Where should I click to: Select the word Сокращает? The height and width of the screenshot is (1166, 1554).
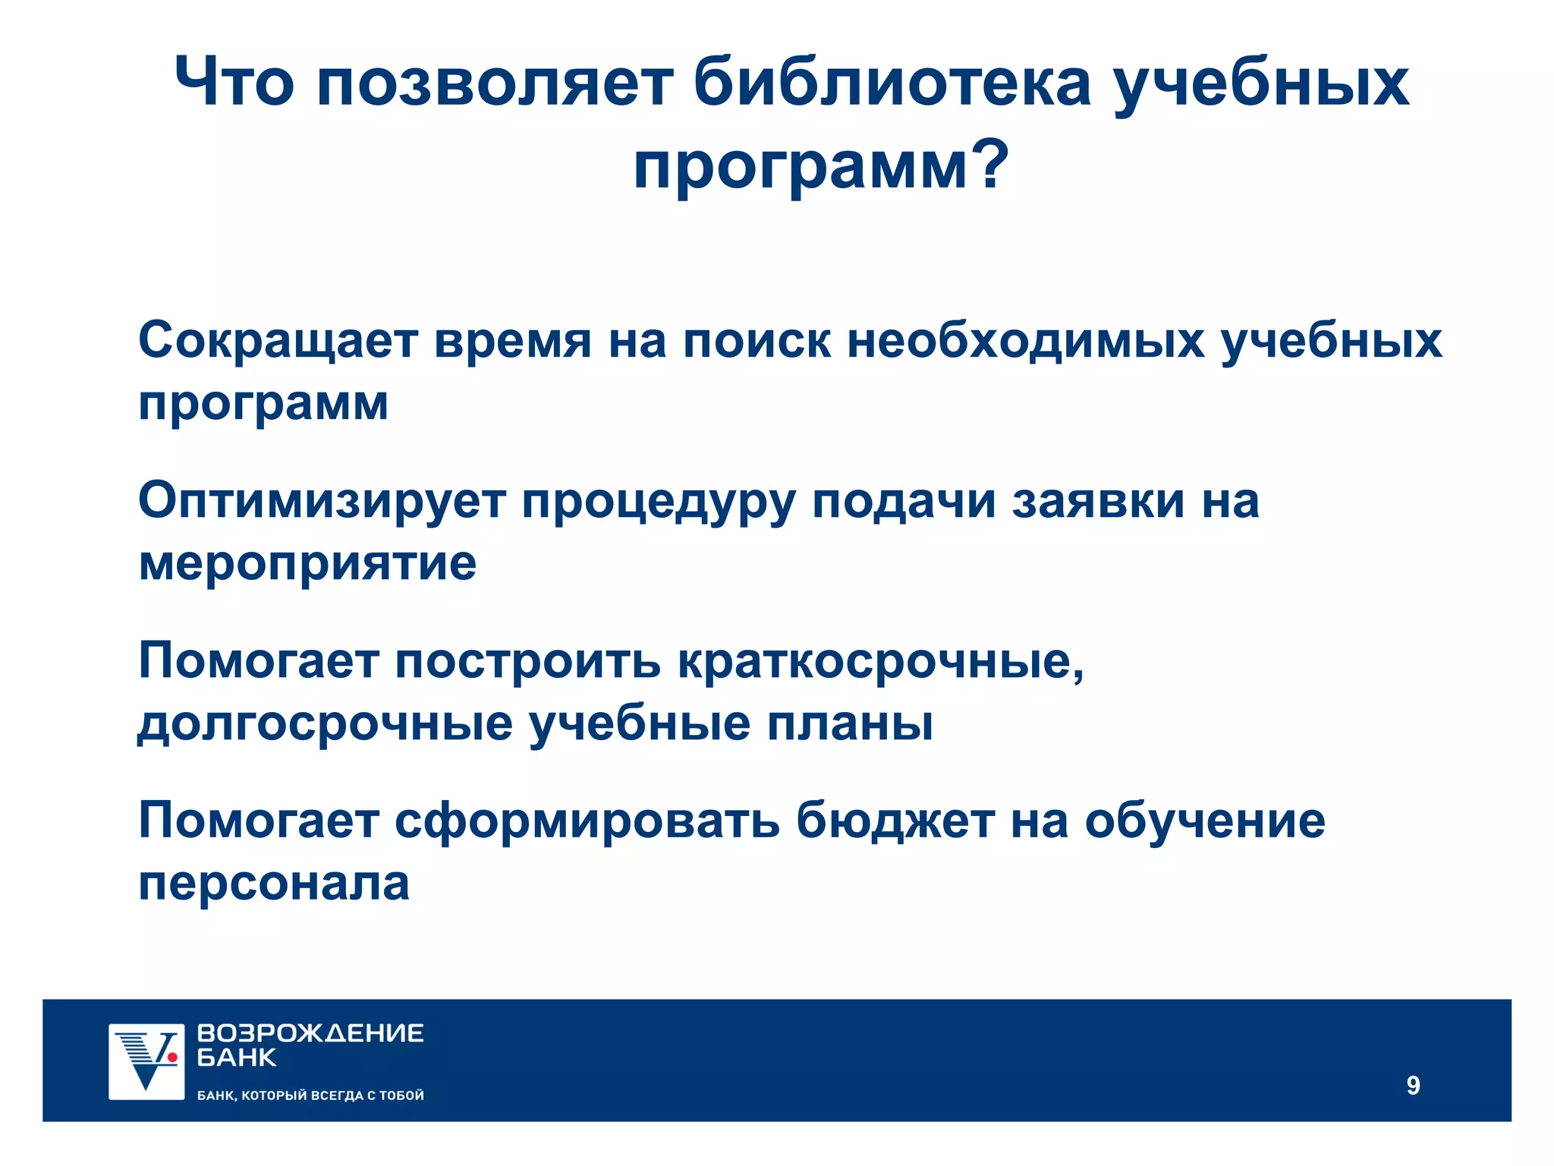click(278, 340)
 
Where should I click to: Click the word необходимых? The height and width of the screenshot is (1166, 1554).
click(1025, 340)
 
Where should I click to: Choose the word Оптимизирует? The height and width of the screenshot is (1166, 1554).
click(322, 501)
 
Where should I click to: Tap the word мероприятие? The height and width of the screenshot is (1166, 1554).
click(307, 564)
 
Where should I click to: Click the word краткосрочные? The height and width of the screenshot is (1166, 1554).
click(880, 662)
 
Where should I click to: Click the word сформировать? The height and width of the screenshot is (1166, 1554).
click(587, 821)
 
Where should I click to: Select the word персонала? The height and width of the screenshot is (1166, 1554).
click(274, 884)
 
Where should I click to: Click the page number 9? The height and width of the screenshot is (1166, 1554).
click(1413, 1086)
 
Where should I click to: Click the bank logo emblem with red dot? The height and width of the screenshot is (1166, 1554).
click(146, 1061)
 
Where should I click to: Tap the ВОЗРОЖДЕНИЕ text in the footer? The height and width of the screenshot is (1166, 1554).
click(310, 1033)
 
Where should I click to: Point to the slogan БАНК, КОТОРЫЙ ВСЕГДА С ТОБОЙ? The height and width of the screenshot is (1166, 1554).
click(310, 1095)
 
